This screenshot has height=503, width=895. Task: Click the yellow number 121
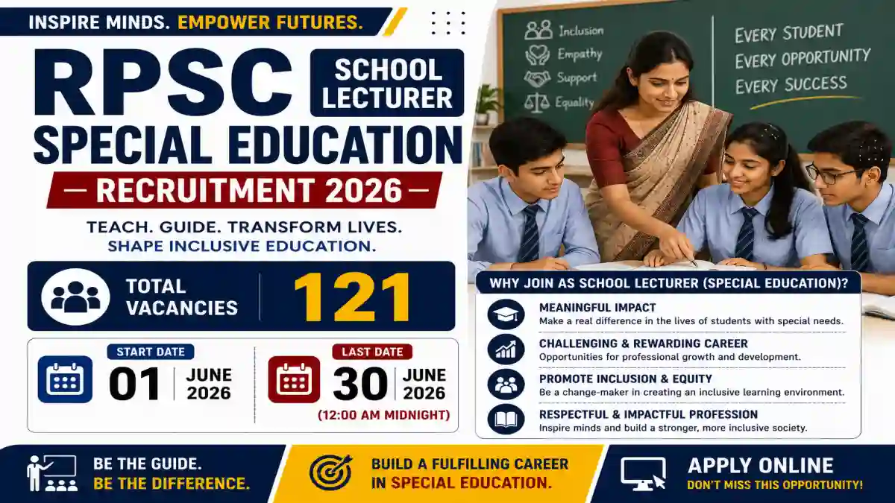(352, 297)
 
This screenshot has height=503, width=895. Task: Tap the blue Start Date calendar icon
(65, 379)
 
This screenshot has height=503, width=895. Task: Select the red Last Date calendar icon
(294, 379)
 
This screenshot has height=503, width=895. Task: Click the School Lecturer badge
(387, 83)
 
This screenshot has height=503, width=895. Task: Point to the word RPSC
(163, 83)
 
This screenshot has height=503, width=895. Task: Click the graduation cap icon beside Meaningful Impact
(506, 314)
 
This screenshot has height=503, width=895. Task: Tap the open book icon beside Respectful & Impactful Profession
(506, 419)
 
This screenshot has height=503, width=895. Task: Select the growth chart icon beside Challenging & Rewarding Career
(506, 349)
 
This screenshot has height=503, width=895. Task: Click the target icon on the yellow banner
(331, 472)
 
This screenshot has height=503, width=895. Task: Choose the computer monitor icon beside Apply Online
(643, 473)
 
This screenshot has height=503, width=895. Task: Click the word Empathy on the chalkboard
(580, 54)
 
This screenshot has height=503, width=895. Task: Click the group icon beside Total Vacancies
(75, 297)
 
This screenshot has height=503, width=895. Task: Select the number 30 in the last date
(360, 384)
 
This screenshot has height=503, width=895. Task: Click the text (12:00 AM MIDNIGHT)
(384, 415)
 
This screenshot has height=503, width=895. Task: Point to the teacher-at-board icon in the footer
(52, 473)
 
